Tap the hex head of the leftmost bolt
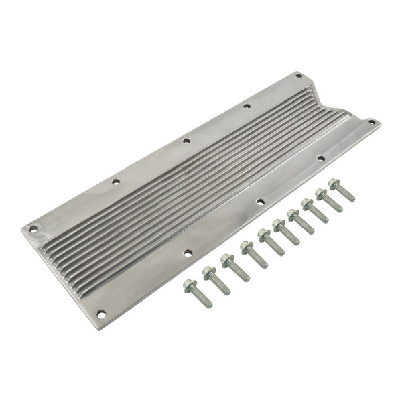(190, 285)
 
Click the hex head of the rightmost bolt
(334, 183)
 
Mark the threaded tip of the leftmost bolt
(208, 304)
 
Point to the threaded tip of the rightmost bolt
(351, 198)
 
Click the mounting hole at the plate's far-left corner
(34, 228)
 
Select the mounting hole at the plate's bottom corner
(101, 313)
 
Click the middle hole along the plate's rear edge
(186, 141)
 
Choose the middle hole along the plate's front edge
(260, 201)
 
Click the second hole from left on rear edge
(116, 181)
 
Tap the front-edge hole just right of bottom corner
(188, 253)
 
